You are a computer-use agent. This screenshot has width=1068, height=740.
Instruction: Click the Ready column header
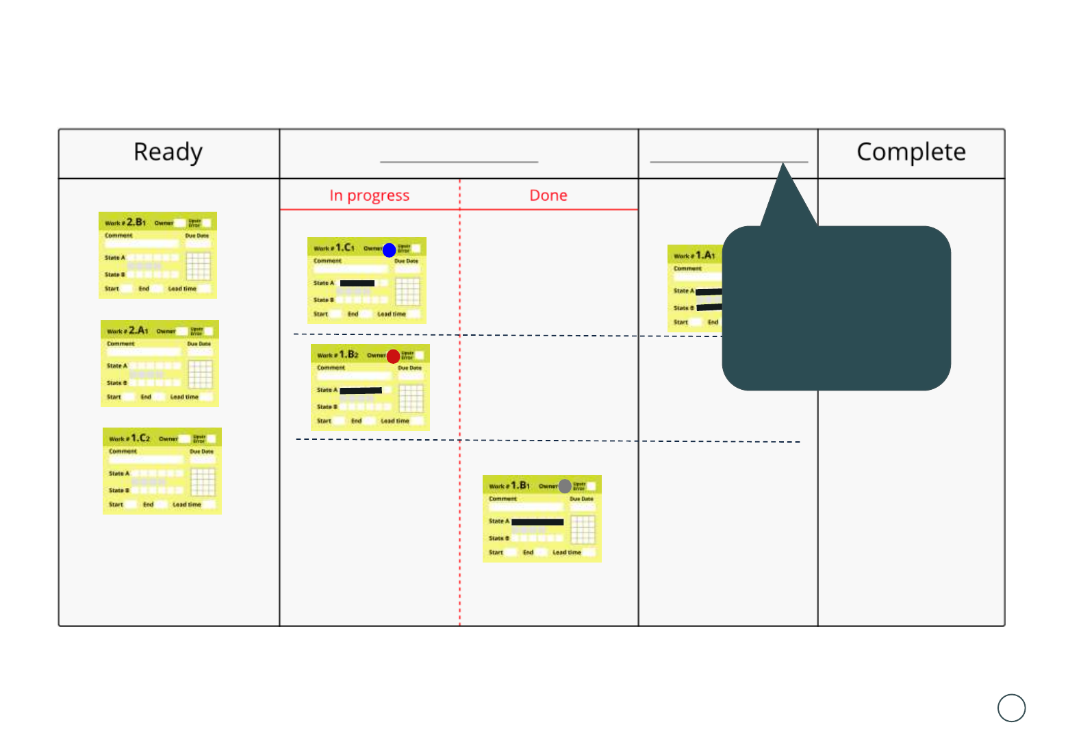tap(168, 152)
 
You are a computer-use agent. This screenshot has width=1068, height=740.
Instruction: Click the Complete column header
tap(911, 152)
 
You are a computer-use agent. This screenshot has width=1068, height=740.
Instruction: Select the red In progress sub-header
tap(369, 196)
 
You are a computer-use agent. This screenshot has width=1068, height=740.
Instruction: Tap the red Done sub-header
tap(548, 196)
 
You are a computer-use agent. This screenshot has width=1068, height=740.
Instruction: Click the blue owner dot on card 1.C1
tap(389, 250)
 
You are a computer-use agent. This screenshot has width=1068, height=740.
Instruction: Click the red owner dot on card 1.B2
tap(393, 356)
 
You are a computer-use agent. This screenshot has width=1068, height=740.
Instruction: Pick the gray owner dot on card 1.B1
tap(565, 486)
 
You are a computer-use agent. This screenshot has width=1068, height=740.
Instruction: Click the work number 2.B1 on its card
tap(136, 222)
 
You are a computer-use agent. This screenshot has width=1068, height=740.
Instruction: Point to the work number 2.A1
tap(138, 330)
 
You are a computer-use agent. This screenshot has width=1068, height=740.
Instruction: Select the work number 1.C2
tap(140, 438)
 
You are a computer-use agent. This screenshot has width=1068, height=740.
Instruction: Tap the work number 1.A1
tap(705, 255)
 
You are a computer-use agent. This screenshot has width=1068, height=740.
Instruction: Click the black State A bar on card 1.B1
tap(537, 522)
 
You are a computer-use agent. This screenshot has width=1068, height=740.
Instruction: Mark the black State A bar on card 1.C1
tap(357, 283)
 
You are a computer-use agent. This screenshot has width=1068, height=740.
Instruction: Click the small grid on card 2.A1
tap(201, 374)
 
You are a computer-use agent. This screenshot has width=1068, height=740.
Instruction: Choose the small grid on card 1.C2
tap(203, 482)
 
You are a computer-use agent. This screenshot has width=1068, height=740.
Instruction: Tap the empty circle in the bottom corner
tap(1011, 708)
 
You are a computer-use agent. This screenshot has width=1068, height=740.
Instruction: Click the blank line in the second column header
tap(459, 161)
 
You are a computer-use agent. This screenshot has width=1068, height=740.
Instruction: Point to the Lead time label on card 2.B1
tap(182, 289)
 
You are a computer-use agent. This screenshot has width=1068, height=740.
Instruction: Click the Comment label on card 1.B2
tap(331, 368)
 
